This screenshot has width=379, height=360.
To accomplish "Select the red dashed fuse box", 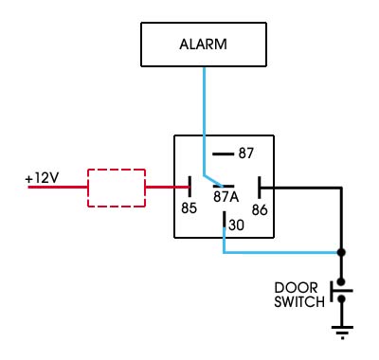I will (116, 188).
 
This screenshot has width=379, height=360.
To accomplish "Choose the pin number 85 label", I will (189, 206).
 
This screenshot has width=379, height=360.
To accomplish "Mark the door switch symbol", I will (340, 294).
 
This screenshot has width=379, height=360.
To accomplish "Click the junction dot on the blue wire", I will (341, 253).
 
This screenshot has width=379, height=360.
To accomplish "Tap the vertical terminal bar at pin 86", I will (258, 187).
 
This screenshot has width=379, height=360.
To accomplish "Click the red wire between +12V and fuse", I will (57, 188).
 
